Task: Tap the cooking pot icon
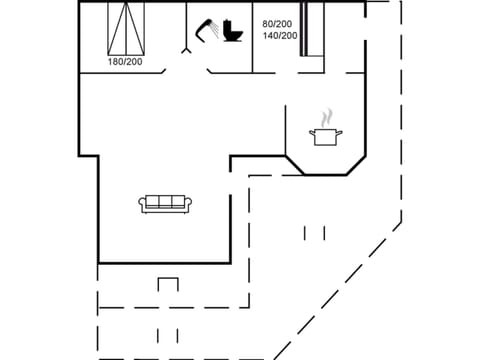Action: tap(326, 137)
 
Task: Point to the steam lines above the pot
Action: tap(326, 118)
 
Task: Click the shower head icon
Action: tap(209, 29)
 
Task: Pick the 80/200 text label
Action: tap(278, 23)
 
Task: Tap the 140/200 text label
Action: tap(278, 35)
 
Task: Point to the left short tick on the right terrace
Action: tap(306, 233)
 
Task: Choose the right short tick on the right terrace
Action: tap(324, 233)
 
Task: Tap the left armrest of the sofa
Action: tap(142, 204)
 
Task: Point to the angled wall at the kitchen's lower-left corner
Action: tap(295, 164)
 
